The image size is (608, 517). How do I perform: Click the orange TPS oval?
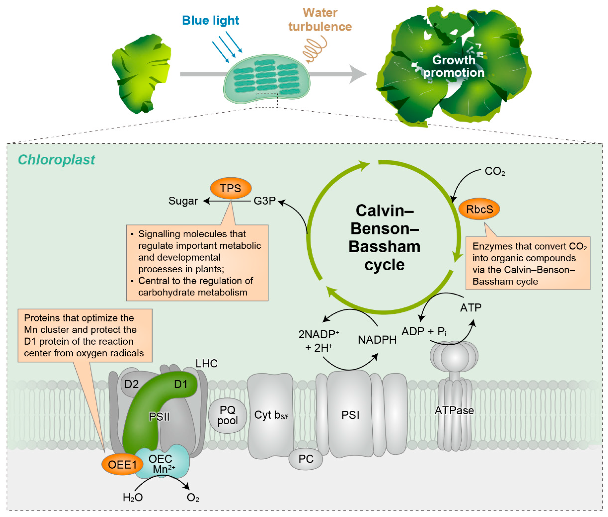pyautogui.click(x=231, y=188)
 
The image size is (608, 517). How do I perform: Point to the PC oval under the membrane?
pyautogui.click(x=306, y=459)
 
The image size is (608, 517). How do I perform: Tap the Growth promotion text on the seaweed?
pyautogui.click(x=454, y=66)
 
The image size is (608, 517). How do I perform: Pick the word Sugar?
pyautogui.click(x=183, y=201)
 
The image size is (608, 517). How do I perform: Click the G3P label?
pyautogui.click(x=265, y=201)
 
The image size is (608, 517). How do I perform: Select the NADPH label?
pyautogui.click(x=377, y=340)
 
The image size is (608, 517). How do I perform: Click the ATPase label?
pyautogui.click(x=454, y=410)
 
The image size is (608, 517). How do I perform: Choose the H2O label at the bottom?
pyautogui.click(x=133, y=497)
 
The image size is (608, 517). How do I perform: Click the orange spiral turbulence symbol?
pyautogui.click(x=314, y=49)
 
